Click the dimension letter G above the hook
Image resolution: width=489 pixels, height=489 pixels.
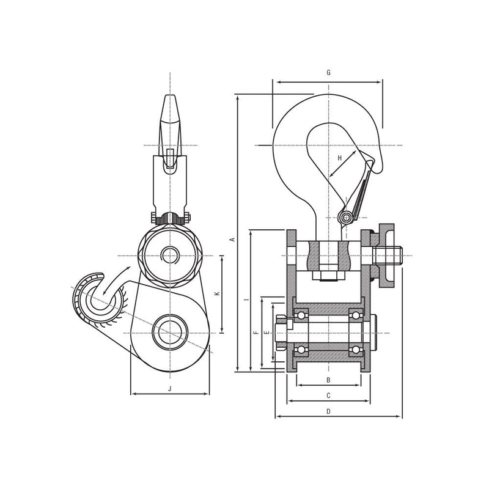(x=328, y=73)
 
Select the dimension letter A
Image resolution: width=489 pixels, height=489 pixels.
(x=232, y=240)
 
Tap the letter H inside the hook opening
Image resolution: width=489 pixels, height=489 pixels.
(x=340, y=158)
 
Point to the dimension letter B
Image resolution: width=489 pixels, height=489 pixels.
(x=328, y=380)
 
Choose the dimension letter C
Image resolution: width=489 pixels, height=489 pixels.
(x=328, y=395)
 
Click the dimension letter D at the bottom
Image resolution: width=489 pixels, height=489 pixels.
(x=328, y=411)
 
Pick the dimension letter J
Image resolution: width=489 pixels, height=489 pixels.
(x=170, y=389)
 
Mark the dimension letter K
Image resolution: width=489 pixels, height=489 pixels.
(x=218, y=293)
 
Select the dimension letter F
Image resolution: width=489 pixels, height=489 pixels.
(x=256, y=333)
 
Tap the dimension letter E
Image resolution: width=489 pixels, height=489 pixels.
(x=267, y=333)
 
